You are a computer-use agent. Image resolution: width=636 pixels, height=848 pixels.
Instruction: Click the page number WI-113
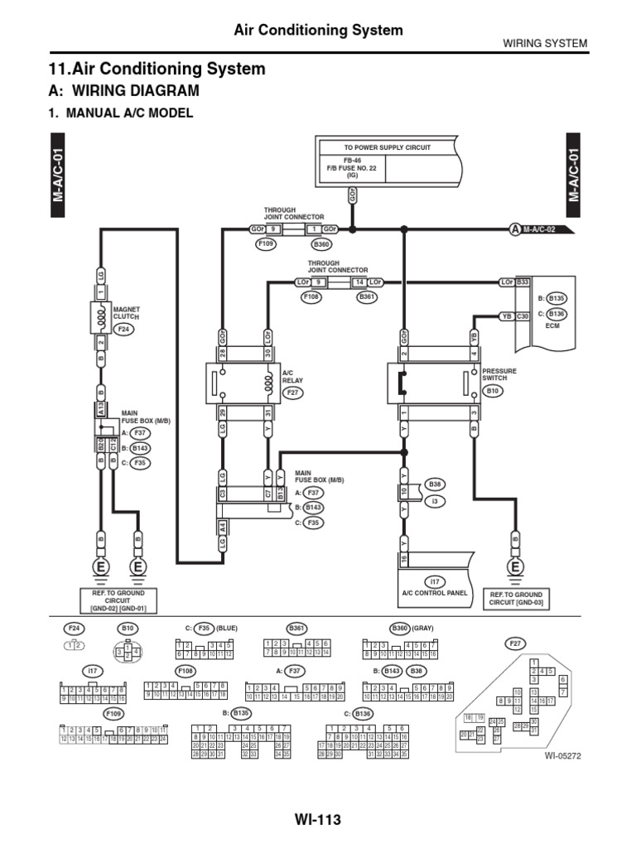317,820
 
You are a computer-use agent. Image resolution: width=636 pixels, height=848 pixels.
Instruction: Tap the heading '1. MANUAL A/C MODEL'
122,113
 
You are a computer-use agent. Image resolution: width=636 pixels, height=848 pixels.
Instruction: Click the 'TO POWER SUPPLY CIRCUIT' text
376,147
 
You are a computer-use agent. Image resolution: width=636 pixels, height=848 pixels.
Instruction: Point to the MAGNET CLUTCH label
127,313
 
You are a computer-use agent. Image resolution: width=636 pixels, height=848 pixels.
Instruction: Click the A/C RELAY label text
294,378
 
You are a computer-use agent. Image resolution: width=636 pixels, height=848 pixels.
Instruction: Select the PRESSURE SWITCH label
499,375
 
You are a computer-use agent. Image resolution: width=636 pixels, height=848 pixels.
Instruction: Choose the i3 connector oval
435,500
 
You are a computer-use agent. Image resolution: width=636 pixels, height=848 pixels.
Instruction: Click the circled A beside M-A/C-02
514,229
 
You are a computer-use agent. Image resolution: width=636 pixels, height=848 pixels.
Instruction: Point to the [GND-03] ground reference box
516,599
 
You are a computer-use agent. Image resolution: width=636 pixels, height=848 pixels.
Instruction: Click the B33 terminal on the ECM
523,282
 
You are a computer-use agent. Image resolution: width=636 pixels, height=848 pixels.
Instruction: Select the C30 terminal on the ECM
523,316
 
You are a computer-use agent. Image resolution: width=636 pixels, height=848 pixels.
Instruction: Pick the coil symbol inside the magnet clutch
100,316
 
